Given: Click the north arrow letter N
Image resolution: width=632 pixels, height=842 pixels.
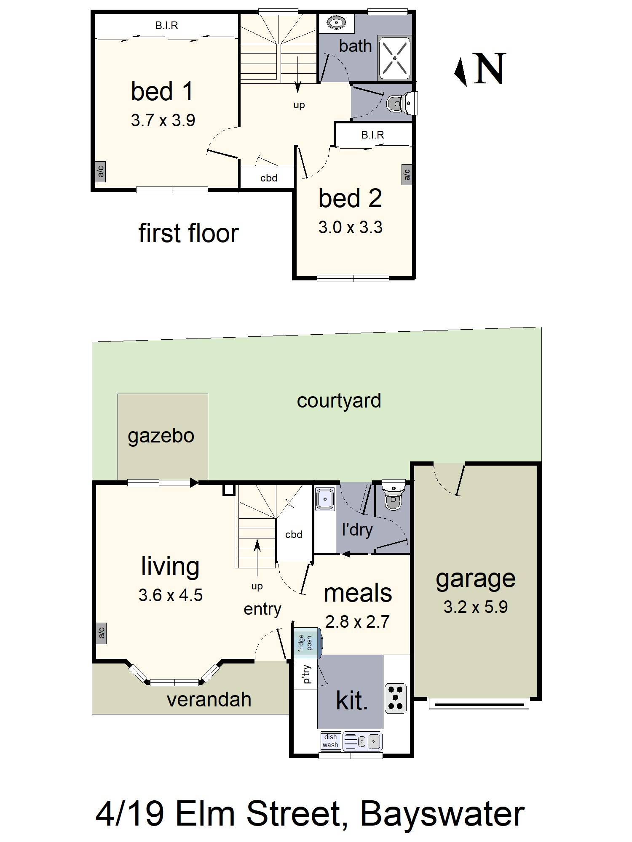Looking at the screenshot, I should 490,68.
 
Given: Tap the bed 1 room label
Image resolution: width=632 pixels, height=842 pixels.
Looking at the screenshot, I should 162,91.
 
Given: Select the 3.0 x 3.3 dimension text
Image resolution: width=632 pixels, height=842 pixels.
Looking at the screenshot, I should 350,227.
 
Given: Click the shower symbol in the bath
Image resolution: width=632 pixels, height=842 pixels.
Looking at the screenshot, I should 394,58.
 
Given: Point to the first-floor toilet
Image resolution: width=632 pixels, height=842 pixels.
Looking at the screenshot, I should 400,103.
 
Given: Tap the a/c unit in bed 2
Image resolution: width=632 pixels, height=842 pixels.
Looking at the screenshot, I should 407,174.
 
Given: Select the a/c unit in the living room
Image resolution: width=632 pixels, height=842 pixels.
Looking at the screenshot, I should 101,633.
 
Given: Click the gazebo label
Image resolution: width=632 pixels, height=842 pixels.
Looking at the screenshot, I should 161,436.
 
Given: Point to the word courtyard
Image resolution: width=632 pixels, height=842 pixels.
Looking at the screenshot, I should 339,400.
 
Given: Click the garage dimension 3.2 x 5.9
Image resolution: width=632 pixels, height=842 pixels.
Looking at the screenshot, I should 475,607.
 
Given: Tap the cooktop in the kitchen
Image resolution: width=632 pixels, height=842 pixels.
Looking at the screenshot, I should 396,698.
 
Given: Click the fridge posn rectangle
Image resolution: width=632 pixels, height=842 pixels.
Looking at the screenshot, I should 307,643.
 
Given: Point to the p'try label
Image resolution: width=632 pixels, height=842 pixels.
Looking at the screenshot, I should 306,674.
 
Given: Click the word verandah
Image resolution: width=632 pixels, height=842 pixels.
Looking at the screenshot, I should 209,700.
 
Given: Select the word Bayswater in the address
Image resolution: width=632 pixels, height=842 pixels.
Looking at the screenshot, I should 442,814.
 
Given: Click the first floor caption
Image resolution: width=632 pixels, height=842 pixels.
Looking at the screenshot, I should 188,233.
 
